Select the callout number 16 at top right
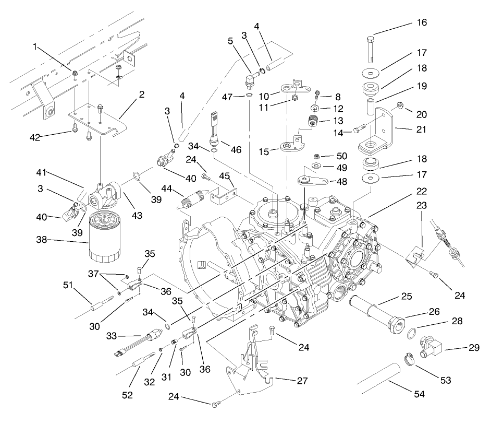[421, 22]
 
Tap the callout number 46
[237, 150]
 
